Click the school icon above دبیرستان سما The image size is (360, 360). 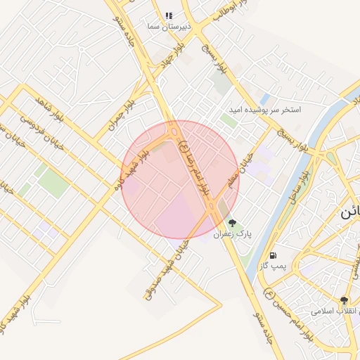coord(169,15)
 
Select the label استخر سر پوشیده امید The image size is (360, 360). coord(264,110)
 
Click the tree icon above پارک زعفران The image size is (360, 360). coord(233,223)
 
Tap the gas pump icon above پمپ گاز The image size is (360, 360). coord(273,255)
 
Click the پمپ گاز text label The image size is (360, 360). coord(271,266)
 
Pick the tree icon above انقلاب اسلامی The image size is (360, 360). coord(344,300)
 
